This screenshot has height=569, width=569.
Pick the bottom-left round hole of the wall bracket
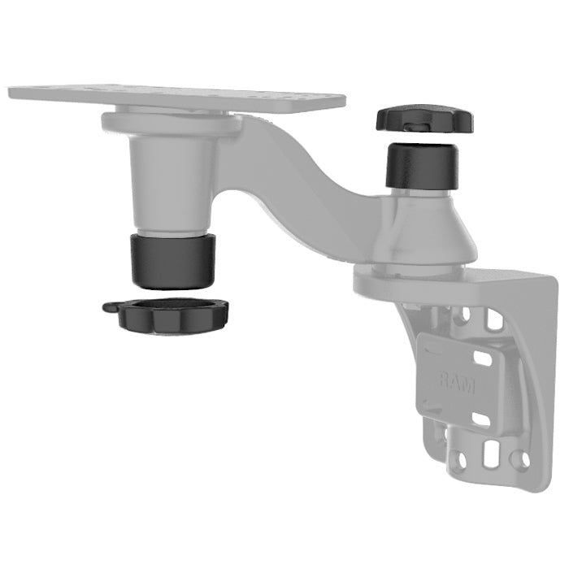[x=461, y=463]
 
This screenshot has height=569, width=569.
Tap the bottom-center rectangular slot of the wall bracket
[x=492, y=455]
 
